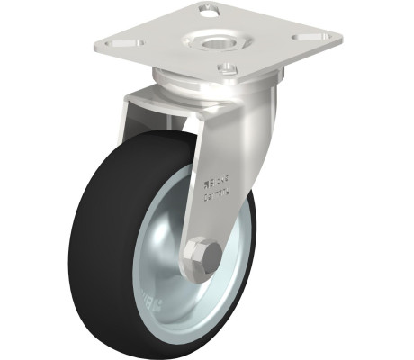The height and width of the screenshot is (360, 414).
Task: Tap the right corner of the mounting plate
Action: (x=338, y=40)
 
